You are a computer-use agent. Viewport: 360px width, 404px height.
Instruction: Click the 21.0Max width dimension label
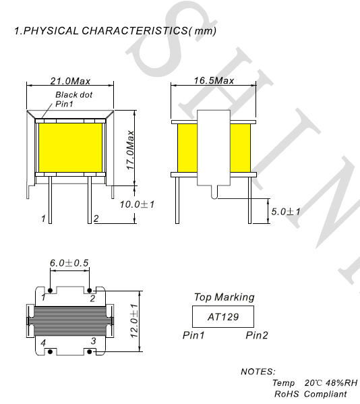pos(70,81)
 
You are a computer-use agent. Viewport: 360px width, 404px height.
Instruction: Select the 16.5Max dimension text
pos(214,81)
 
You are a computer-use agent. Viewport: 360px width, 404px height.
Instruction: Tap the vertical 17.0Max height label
pos(131,150)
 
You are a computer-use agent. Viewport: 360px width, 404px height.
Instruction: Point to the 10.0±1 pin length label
pos(137,204)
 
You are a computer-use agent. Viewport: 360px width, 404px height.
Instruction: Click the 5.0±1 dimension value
pos(286,212)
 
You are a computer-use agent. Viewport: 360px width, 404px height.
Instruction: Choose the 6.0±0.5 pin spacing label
pos(69,263)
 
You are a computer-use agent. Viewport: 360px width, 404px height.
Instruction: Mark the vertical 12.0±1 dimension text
pos(134,321)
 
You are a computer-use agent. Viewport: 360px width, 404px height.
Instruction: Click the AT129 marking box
pos(223,316)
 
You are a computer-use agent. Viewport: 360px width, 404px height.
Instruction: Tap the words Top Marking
pos(224,297)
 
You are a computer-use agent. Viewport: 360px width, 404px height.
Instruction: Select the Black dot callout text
pos(74,95)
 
